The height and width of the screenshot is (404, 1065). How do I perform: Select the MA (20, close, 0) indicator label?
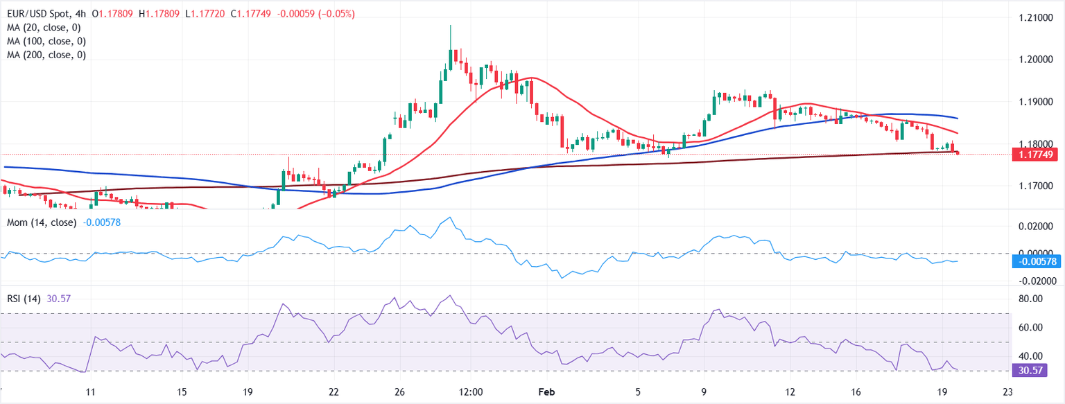pyautogui.click(x=44, y=28)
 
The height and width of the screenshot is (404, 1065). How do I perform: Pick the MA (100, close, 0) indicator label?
pyautogui.click(x=46, y=41)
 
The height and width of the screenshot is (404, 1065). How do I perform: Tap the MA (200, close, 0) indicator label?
pyautogui.click(x=46, y=55)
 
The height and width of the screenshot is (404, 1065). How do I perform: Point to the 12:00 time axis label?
pyautogui.click(x=471, y=392)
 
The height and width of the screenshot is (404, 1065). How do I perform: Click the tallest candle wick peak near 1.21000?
pyautogui.click(x=450, y=26)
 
